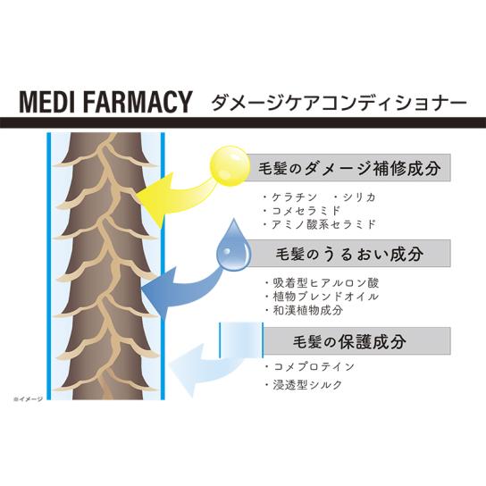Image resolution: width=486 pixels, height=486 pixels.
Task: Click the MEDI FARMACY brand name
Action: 105,102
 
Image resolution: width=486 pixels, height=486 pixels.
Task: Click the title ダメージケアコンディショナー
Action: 339,102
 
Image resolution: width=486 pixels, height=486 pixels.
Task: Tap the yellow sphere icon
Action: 230,166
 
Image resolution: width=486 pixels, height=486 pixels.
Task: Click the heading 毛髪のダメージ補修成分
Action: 349,168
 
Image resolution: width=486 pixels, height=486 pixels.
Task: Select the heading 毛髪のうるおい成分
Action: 349,254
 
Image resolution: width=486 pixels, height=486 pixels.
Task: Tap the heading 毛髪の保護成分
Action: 349,341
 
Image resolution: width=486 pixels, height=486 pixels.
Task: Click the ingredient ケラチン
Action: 295,197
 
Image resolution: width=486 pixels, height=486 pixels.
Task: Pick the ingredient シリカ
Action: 359,197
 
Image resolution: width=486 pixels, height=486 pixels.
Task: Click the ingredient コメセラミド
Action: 306,211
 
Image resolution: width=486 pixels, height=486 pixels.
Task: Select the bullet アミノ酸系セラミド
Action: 323,224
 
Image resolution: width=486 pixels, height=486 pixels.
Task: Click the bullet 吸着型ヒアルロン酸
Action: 325,282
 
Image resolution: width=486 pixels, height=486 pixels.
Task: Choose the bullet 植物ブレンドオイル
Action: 325,297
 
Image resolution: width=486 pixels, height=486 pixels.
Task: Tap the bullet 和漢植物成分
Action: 308,310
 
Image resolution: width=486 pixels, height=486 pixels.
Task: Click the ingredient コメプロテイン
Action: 314,366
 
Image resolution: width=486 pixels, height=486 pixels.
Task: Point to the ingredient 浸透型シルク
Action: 307,385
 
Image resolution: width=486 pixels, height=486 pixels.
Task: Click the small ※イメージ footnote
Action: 29,399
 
